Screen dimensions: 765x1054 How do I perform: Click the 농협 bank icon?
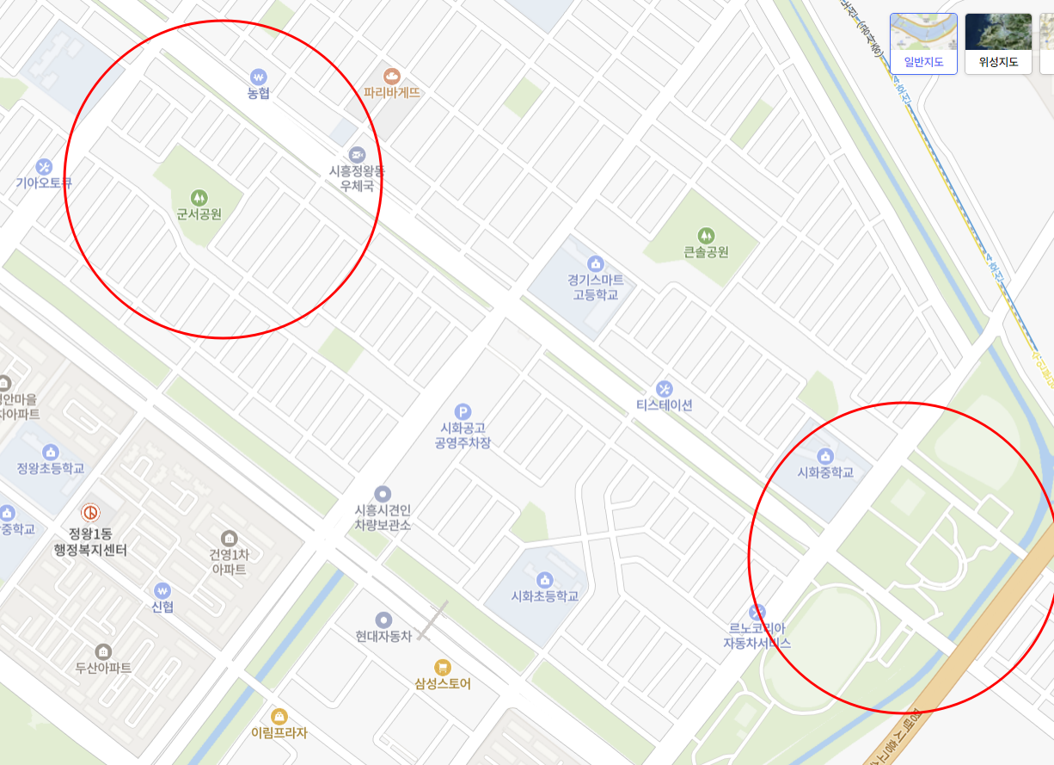pos(258,76)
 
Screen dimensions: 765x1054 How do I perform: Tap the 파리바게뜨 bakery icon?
pos(392,76)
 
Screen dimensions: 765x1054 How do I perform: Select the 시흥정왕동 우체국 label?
pos(357,178)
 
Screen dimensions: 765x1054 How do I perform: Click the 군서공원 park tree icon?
pos(199,197)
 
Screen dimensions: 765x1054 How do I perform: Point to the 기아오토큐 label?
pos(44,182)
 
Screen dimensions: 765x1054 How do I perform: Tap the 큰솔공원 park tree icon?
pos(706,234)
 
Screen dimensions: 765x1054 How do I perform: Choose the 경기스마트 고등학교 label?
pos(595,287)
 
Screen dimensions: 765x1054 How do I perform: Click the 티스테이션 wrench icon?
pos(664,389)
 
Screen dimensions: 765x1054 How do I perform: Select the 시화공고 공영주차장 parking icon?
pos(463,412)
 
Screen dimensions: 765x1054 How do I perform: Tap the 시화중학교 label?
pos(825,472)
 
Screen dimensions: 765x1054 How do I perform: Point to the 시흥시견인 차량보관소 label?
pos(383,517)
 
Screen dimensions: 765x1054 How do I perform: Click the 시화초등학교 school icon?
pos(543,579)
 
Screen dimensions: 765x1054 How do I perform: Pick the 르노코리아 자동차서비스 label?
pos(757,636)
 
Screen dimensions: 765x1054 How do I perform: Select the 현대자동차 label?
pos(383,636)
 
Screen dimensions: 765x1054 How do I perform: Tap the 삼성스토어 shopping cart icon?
pos(443,666)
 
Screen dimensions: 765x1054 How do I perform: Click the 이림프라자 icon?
pos(279,716)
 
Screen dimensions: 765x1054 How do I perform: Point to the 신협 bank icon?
pos(162,590)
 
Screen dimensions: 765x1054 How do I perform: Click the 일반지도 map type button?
pos(923,43)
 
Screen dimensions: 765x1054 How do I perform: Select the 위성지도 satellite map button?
pos(998,43)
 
